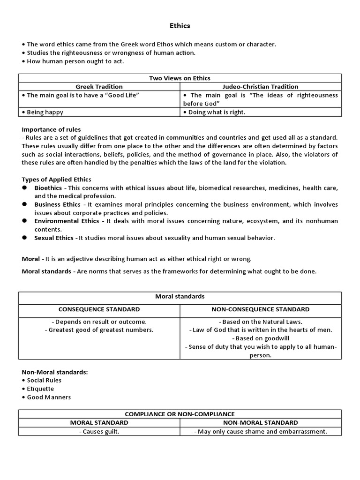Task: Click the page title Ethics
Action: (x=180, y=26)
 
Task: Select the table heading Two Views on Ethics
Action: (x=180, y=78)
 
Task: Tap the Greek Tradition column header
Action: (x=99, y=87)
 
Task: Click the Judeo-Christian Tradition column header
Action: (x=261, y=87)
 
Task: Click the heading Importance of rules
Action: (x=51, y=129)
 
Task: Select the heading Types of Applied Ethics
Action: (x=57, y=180)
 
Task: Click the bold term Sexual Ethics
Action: (x=54, y=238)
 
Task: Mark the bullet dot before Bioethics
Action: (x=24, y=188)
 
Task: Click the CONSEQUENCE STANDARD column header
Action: (x=99, y=309)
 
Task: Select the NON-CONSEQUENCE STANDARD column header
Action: (x=261, y=309)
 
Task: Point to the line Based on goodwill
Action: (x=261, y=338)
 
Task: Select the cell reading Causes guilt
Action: (x=99, y=431)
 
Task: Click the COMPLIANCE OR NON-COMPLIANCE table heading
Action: (x=180, y=414)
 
